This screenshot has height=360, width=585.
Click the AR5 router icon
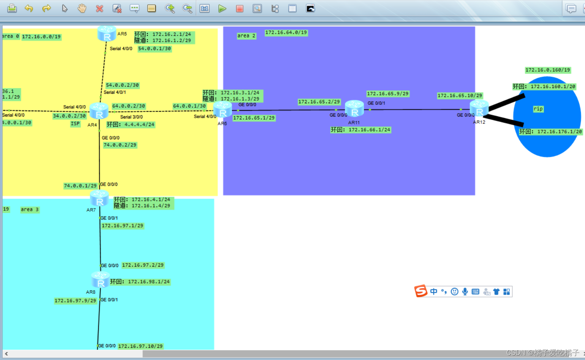point(107,33)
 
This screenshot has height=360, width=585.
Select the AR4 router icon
point(99,111)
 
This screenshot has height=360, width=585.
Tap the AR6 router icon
point(223,110)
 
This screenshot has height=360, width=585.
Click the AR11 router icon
point(354,109)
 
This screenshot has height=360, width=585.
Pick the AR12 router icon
point(479,109)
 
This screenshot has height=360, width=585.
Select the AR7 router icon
point(100,198)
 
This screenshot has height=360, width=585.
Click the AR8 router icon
point(101,280)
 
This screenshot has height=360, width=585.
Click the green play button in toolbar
point(222,8)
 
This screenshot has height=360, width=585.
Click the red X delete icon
point(100,8)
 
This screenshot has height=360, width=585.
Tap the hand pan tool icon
point(82,8)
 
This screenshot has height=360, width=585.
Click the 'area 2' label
point(246,36)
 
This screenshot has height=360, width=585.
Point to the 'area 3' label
point(30,209)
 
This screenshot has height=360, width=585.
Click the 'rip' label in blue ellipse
point(538,109)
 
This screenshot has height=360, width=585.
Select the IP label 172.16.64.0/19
point(286,33)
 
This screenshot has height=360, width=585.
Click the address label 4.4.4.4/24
point(131,124)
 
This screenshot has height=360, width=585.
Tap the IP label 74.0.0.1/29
point(80,186)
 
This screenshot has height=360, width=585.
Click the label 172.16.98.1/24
point(140,282)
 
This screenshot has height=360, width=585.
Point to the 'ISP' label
point(75,123)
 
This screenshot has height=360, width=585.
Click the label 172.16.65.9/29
point(387,93)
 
